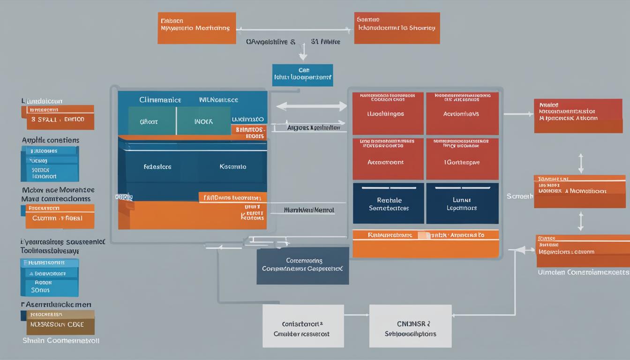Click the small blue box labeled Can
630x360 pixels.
(x=302, y=75)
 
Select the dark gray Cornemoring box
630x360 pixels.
(x=302, y=265)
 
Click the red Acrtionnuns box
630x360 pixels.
(x=462, y=113)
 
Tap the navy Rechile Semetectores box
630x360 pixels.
(x=388, y=203)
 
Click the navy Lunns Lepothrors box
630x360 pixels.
(x=462, y=203)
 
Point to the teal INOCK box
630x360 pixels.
(x=203, y=121)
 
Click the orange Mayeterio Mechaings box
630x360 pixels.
(x=196, y=28)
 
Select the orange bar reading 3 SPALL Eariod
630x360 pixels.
(x=58, y=119)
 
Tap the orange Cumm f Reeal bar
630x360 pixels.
(x=58, y=218)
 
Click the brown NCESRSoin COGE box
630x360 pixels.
(x=60, y=323)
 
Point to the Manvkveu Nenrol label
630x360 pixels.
(x=309, y=210)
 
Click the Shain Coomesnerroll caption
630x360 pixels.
(x=61, y=341)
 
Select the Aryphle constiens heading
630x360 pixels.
(x=51, y=140)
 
